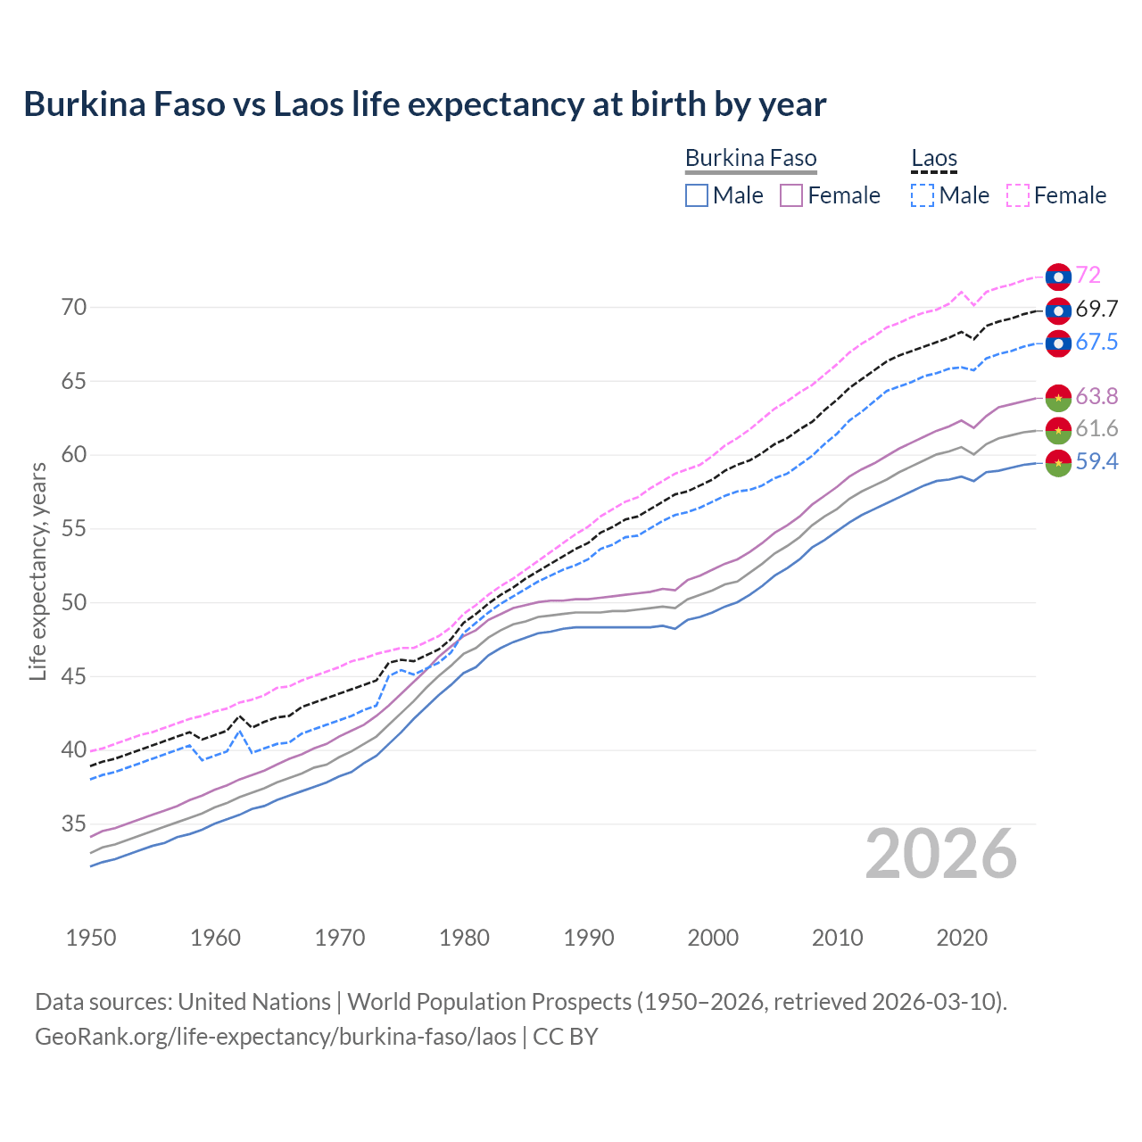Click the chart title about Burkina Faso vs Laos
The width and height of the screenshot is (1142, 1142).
point(425,104)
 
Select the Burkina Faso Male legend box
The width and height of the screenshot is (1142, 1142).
point(697,195)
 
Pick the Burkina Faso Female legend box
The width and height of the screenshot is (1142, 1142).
point(791,195)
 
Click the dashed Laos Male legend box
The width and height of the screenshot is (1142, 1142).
point(923,195)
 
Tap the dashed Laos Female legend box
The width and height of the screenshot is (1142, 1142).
point(1018,195)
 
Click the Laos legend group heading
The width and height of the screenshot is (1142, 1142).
point(934,159)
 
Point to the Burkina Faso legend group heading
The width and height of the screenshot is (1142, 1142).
point(750,159)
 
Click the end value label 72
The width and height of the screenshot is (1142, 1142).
point(1088,276)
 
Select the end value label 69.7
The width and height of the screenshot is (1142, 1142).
point(1096,310)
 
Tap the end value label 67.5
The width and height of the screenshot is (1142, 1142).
point(1096,343)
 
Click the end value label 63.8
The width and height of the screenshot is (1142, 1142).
point(1096,396)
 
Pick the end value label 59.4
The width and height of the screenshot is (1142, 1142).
point(1096,462)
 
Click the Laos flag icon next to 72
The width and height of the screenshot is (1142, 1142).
point(1058,277)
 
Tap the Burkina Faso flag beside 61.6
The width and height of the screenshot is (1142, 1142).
point(1058,429)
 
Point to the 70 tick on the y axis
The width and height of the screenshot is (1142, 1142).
point(74,308)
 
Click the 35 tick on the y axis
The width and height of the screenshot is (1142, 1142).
point(74,823)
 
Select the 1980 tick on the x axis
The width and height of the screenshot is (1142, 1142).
point(465,938)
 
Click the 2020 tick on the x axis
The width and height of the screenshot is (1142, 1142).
point(962,938)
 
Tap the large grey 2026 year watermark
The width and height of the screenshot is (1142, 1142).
point(941,854)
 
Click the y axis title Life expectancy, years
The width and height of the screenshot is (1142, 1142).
point(38,571)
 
